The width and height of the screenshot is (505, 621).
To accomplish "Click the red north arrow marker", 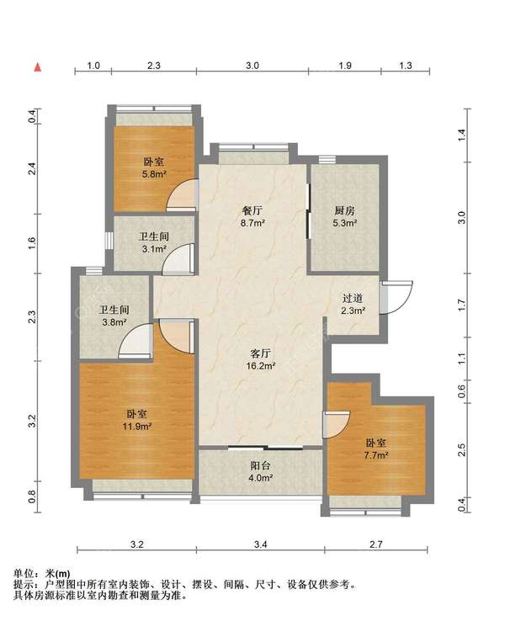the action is point(38,67).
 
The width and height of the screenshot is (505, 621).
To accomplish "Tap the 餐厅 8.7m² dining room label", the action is point(252,216).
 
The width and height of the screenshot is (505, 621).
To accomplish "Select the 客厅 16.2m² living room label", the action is point(261,359).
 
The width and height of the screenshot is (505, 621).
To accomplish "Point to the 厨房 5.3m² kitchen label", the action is point(344,216).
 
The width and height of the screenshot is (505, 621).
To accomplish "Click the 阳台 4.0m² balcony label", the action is point(260,471).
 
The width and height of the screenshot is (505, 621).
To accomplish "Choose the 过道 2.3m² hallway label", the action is point(353,304).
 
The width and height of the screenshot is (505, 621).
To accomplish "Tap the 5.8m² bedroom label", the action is point(154,167).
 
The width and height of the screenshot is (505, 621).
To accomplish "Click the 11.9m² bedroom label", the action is point(137,420).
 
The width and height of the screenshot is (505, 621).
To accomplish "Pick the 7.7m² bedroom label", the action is point(376,448).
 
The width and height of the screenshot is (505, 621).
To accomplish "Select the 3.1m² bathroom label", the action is point(154,242).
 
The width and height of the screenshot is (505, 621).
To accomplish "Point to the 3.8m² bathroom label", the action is point(114,316).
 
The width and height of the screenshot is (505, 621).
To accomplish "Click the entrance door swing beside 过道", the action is point(396,297).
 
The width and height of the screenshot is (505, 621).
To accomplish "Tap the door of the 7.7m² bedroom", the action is point(337,424).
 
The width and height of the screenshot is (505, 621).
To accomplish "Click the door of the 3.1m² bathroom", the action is point(178,258).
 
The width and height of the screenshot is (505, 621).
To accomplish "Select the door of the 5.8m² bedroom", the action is point(182,195).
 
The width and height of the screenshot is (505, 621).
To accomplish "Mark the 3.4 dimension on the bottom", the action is point(260,544).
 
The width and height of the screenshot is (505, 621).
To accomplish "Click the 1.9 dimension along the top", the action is point(345,66).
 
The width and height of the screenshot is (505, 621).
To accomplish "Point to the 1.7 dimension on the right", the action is point(461,305).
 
